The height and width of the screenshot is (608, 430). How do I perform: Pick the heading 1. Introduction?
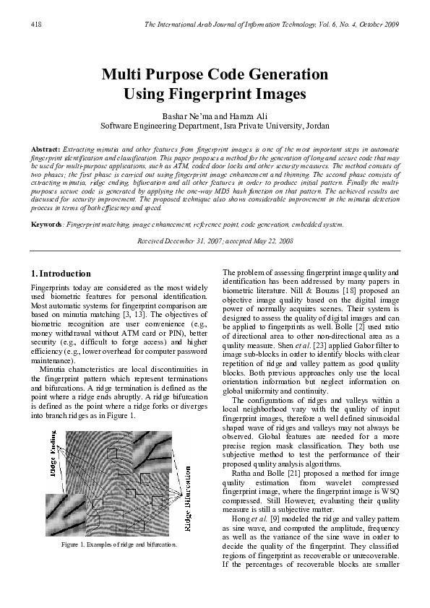click(61, 274)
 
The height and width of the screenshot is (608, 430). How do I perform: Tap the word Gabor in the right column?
click(355, 345)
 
